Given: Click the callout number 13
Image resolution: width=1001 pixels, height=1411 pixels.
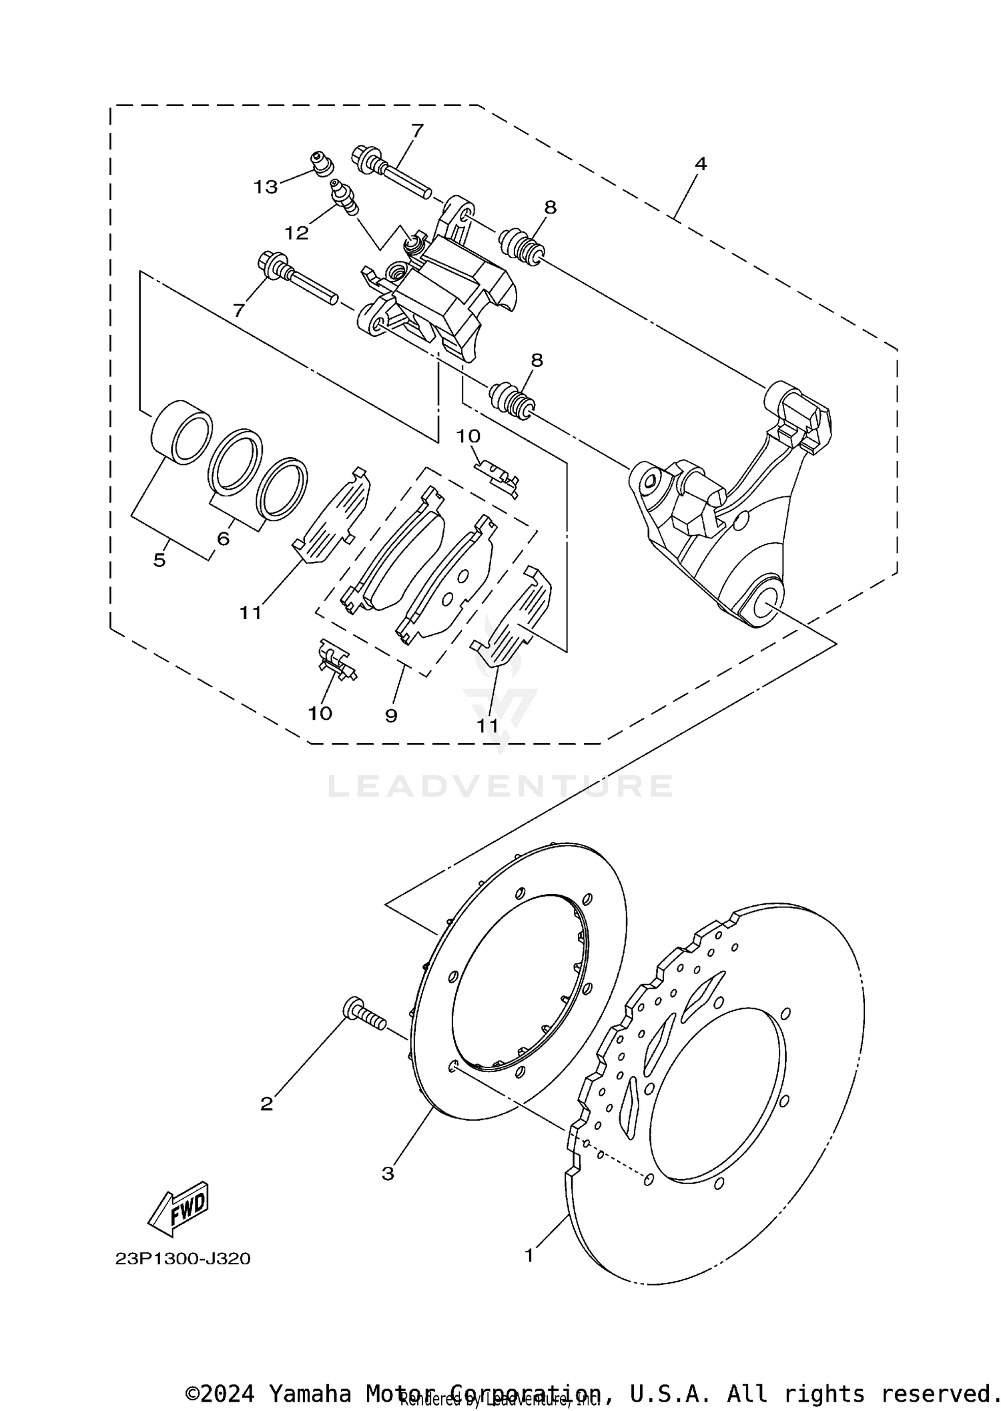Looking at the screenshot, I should [x=265, y=187].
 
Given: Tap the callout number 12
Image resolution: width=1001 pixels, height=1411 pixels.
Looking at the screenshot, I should [x=296, y=233].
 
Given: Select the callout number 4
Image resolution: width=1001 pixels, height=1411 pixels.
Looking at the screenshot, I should [x=700, y=163].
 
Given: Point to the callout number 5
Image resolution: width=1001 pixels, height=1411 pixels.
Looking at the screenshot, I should [x=159, y=560].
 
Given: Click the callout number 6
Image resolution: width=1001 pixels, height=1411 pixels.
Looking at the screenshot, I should [x=223, y=538].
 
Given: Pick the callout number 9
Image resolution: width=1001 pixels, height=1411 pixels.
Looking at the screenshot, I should [x=391, y=716].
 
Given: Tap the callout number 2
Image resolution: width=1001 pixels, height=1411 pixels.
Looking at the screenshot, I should [x=266, y=1104].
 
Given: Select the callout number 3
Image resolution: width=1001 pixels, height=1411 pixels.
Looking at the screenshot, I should [x=388, y=1173].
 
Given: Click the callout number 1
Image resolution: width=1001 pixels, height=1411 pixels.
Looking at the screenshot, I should [x=529, y=1256].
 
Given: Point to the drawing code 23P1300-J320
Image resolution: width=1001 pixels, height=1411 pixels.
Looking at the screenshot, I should [x=182, y=1259].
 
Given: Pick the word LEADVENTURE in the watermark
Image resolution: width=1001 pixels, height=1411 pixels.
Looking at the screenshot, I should [x=500, y=786].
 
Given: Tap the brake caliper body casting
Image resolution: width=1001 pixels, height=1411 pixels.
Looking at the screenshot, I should [x=454, y=294].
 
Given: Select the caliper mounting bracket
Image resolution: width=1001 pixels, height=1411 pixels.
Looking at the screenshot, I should [x=727, y=514].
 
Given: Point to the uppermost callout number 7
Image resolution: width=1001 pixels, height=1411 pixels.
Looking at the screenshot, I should [x=417, y=130].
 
